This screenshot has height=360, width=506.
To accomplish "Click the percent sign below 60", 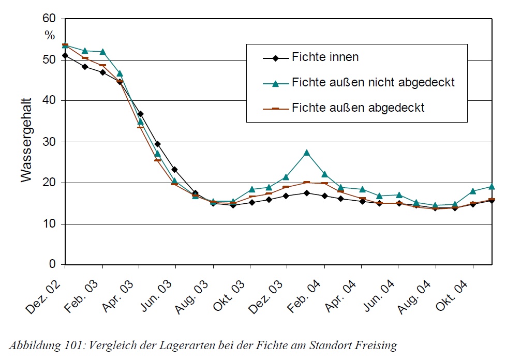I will tap(50, 36).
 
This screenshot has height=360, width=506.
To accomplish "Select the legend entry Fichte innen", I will tap(325, 57).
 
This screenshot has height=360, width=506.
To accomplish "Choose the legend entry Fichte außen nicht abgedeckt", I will tap(373, 82).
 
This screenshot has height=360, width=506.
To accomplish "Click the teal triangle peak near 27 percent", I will tap(307, 153).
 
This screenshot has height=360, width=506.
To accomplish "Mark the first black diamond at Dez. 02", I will tap(65, 55).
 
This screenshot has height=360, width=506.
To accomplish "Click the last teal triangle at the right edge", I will tap(492, 186).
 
